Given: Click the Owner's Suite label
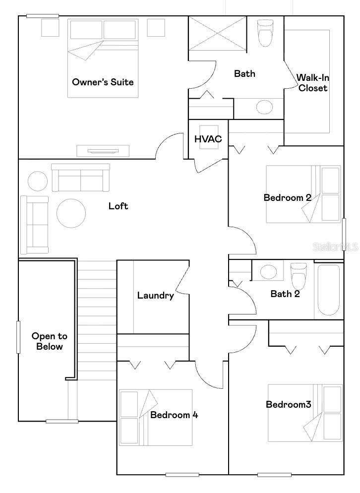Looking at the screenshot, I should [103, 82].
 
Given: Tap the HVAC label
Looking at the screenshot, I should [208, 139].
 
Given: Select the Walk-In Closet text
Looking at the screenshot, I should [312, 83].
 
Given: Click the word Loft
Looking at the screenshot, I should [118, 206].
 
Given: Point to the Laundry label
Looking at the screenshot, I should [155, 296].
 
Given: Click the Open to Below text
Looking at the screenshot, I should [50, 341].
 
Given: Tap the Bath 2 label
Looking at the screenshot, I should [285, 294].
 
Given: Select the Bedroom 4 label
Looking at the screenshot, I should [174, 415].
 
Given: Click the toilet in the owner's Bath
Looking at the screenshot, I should [265, 32].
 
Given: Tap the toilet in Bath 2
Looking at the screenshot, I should [299, 275].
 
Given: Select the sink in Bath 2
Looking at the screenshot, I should [269, 271].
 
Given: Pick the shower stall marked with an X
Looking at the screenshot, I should [218, 33].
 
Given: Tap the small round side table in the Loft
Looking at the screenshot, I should [38, 181].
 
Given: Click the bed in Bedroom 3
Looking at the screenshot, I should [305, 413].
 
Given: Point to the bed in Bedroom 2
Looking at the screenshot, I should [303, 194].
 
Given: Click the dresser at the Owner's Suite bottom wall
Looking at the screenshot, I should [103, 151].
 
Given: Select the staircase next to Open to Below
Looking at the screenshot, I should [97, 322].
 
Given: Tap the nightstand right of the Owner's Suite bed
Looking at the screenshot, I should [156, 27].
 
